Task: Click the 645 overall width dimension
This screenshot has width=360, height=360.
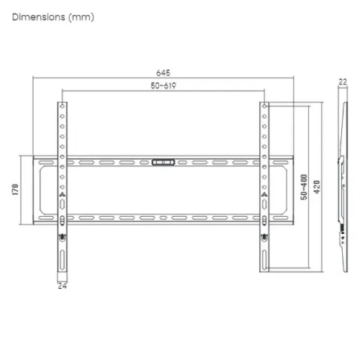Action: click(x=163, y=73)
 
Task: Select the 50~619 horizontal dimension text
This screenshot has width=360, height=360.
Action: click(x=163, y=86)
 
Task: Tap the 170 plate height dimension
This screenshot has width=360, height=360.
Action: click(x=15, y=189)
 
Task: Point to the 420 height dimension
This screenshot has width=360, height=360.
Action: click(x=317, y=187)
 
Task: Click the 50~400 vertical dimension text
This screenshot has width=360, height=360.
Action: click(x=304, y=187)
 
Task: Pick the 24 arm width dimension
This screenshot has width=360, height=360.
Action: click(x=62, y=286)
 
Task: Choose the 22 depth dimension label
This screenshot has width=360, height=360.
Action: click(x=343, y=82)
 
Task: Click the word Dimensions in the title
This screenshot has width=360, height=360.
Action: click(x=38, y=17)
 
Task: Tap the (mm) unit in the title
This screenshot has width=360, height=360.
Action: click(x=81, y=17)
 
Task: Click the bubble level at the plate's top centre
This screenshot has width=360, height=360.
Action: click(x=163, y=162)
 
